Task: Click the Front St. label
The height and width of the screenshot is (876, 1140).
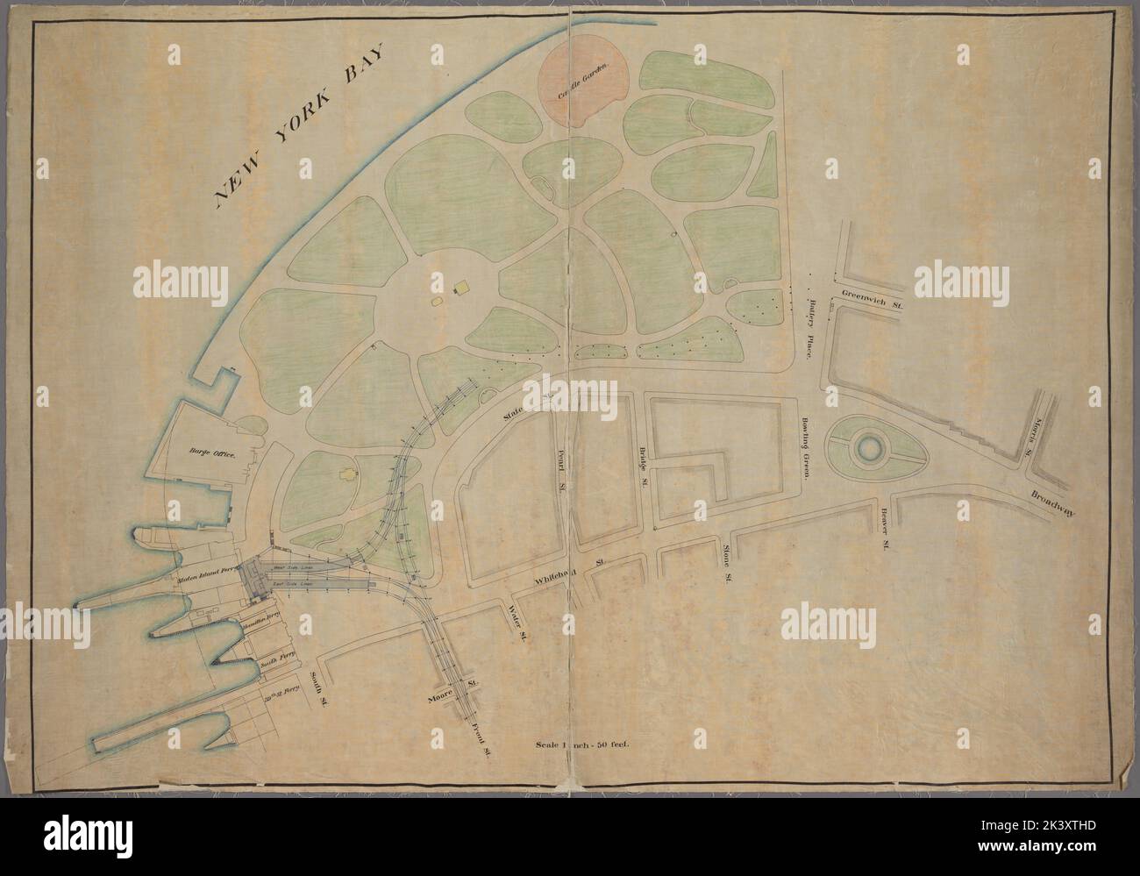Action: point(480,726)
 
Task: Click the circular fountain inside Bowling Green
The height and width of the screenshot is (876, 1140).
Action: point(868,449)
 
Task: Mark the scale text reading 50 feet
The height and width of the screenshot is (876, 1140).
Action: point(582,746)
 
